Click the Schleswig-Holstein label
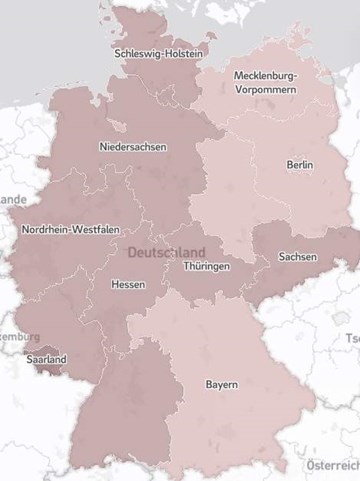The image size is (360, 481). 159,53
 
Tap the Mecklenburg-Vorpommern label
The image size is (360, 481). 265,82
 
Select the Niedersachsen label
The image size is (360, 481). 133,147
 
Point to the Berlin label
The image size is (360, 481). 299,164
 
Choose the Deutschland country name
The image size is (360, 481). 167,252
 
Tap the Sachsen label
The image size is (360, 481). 297,257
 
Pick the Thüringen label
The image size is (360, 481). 206,267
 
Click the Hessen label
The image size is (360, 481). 128,284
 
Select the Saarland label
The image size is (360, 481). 47,359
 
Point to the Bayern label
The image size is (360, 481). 221,384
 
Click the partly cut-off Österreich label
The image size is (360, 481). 332,466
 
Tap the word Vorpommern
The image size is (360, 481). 265,89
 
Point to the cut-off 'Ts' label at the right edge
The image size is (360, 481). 352,338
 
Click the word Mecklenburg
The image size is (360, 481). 265,75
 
